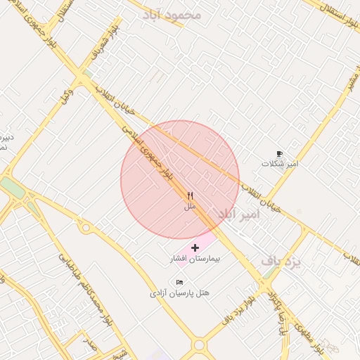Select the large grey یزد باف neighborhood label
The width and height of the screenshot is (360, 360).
[x=281, y=261]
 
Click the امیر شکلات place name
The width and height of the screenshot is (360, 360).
[x=280, y=163]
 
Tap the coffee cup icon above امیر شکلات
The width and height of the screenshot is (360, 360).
[x=279, y=153]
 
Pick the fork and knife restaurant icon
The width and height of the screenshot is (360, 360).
[x=190, y=195]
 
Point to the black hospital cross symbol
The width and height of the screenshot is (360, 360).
[x=195, y=248]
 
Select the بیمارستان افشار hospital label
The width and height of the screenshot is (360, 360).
[x=195, y=259]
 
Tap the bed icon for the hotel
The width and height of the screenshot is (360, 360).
[x=179, y=282]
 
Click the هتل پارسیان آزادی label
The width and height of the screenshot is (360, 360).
[x=179, y=292]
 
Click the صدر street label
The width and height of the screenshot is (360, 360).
[x=89, y=344]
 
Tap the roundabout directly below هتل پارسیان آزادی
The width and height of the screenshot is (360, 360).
[x=199, y=345]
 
